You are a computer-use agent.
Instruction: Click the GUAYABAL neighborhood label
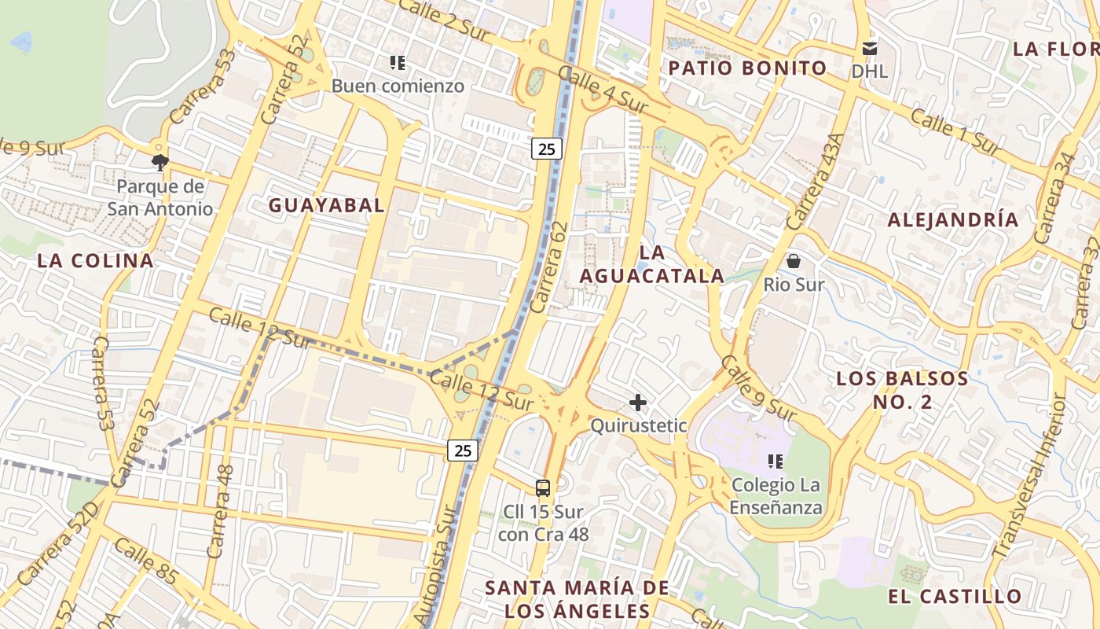[x=326, y=205]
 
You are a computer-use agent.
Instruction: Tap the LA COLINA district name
[x=95, y=261]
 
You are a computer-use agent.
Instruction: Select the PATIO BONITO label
[x=747, y=68]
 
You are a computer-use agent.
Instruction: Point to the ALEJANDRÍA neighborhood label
[x=952, y=220]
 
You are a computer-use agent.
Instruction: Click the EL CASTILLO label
[x=955, y=596]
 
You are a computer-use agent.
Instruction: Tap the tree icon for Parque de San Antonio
[x=160, y=163]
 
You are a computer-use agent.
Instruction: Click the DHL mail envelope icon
[x=869, y=49]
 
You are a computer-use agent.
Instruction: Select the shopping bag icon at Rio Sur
[x=794, y=260]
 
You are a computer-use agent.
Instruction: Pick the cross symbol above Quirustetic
[x=638, y=403]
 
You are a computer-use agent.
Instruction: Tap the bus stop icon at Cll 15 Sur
[x=543, y=487]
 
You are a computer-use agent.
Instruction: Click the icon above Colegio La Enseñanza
[x=775, y=461]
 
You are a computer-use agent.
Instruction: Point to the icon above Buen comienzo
[x=398, y=62]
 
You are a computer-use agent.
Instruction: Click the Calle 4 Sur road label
[x=603, y=89]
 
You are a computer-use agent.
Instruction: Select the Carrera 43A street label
[x=815, y=181]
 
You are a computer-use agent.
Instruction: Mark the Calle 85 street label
[x=145, y=561]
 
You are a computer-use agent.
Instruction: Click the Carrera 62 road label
[x=548, y=267]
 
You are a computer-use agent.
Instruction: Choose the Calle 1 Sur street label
[x=955, y=131]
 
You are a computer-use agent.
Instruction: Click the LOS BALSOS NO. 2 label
[x=902, y=390]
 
